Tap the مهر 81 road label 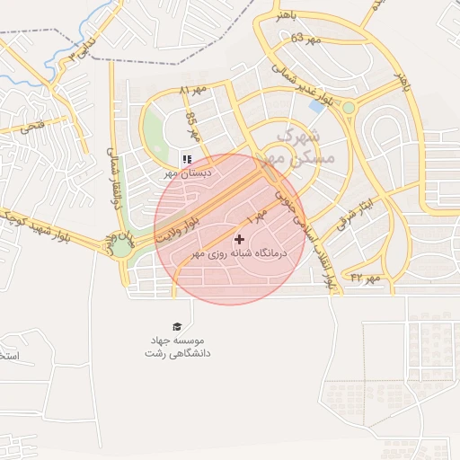coord(192,91)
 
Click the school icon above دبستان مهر coord(187,159)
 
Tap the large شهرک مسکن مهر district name coord(303,146)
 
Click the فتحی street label coord(30,127)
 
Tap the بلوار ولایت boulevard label coord(175,229)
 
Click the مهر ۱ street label coord(257,217)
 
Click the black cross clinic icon coord(239,239)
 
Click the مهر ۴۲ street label coord(366,279)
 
